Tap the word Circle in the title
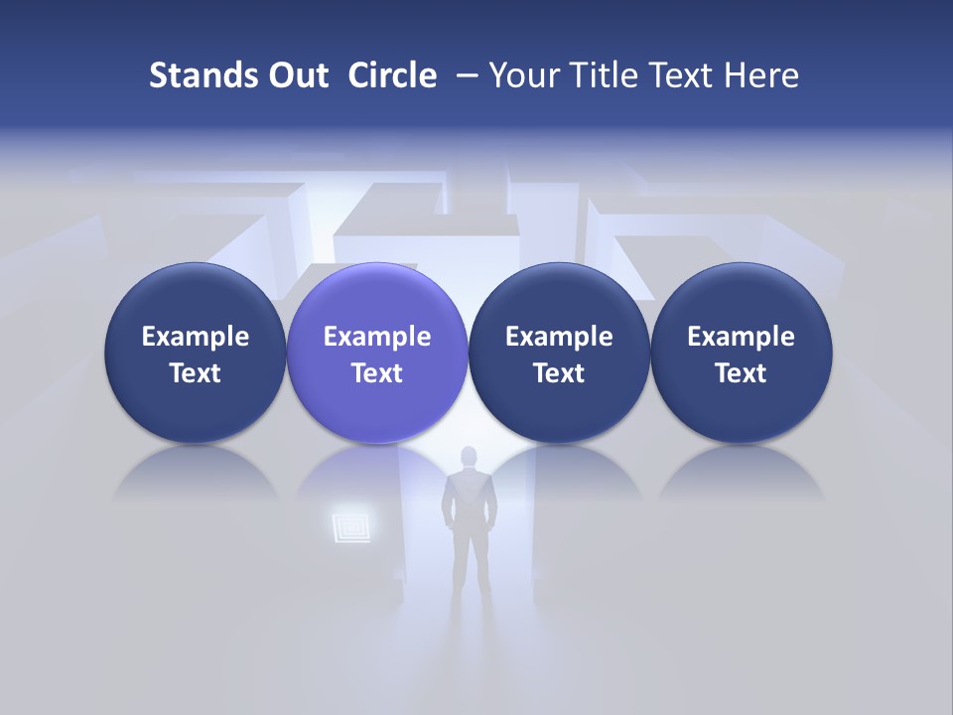click(x=392, y=75)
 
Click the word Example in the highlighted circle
click(x=377, y=337)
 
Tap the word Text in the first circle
click(x=195, y=373)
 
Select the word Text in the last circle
click(x=741, y=373)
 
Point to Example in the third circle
click(x=559, y=337)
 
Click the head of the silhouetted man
click(x=469, y=458)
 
